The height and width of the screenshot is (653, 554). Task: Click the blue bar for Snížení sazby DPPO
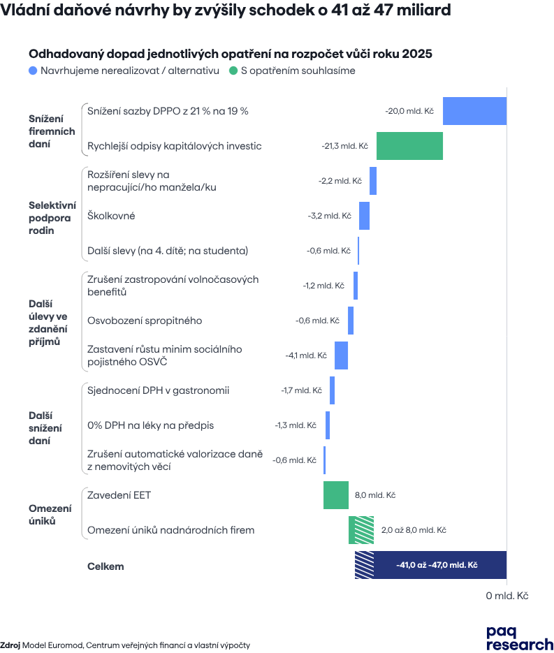[475, 111]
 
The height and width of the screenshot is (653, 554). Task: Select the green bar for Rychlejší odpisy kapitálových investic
[410, 146]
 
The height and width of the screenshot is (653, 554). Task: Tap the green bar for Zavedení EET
[336, 495]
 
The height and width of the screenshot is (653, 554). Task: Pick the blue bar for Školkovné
[365, 216]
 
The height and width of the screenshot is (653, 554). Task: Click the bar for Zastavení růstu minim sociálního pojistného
[342, 355]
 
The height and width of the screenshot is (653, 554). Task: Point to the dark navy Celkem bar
[440, 565]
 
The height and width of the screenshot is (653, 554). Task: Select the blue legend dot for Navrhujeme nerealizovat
[33, 71]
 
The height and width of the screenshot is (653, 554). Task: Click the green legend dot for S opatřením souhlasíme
[233, 71]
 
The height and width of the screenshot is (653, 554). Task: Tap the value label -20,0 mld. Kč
[411, 111]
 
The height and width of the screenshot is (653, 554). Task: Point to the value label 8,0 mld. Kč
[375, 495]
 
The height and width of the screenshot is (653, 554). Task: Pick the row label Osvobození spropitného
[145, 321]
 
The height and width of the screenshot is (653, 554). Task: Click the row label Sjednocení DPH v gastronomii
[159, 390]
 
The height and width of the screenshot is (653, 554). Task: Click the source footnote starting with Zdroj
[125, 645]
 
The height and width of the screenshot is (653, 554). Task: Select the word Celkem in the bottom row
[105, 566]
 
